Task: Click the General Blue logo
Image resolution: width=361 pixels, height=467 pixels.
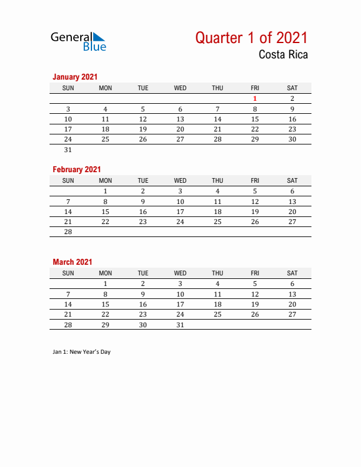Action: tap(78, 41)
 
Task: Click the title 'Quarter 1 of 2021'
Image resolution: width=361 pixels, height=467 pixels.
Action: tap(251, 38)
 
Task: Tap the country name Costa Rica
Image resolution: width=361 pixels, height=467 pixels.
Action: tap(283, 55)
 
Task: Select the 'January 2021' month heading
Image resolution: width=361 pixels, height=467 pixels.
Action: tap(75, 77)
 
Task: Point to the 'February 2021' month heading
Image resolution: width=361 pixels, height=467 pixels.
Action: tap(77, 169)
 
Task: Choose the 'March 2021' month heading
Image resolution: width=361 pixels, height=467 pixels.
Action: tap(72, 262)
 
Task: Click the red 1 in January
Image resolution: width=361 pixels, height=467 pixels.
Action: tap(255, 98)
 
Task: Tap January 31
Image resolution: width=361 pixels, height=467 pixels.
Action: tap(68, 149)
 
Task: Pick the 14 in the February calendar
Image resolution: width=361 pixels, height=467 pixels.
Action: tap(68, 212)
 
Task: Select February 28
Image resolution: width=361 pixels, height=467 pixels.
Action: tap(68, 232)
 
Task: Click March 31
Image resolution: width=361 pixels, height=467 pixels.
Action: tap(180, 325)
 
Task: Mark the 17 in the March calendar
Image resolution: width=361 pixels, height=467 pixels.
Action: tap(180, 304)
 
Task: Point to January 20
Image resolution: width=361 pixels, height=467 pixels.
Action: tap(180, 129)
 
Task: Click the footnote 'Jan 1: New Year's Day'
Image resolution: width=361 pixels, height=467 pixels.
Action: tap(81, 352)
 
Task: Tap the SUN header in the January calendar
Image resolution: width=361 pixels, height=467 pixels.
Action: tap(68, 88)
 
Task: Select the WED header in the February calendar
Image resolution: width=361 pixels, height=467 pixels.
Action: tap(180, 180)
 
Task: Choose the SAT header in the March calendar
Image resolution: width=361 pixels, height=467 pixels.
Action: tap(292, 273)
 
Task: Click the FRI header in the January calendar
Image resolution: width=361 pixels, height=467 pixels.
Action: tap(255, 88)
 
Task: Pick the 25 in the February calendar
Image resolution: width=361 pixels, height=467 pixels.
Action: tap(217, 222)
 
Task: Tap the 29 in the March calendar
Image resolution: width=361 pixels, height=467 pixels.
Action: tap(105, 325)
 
